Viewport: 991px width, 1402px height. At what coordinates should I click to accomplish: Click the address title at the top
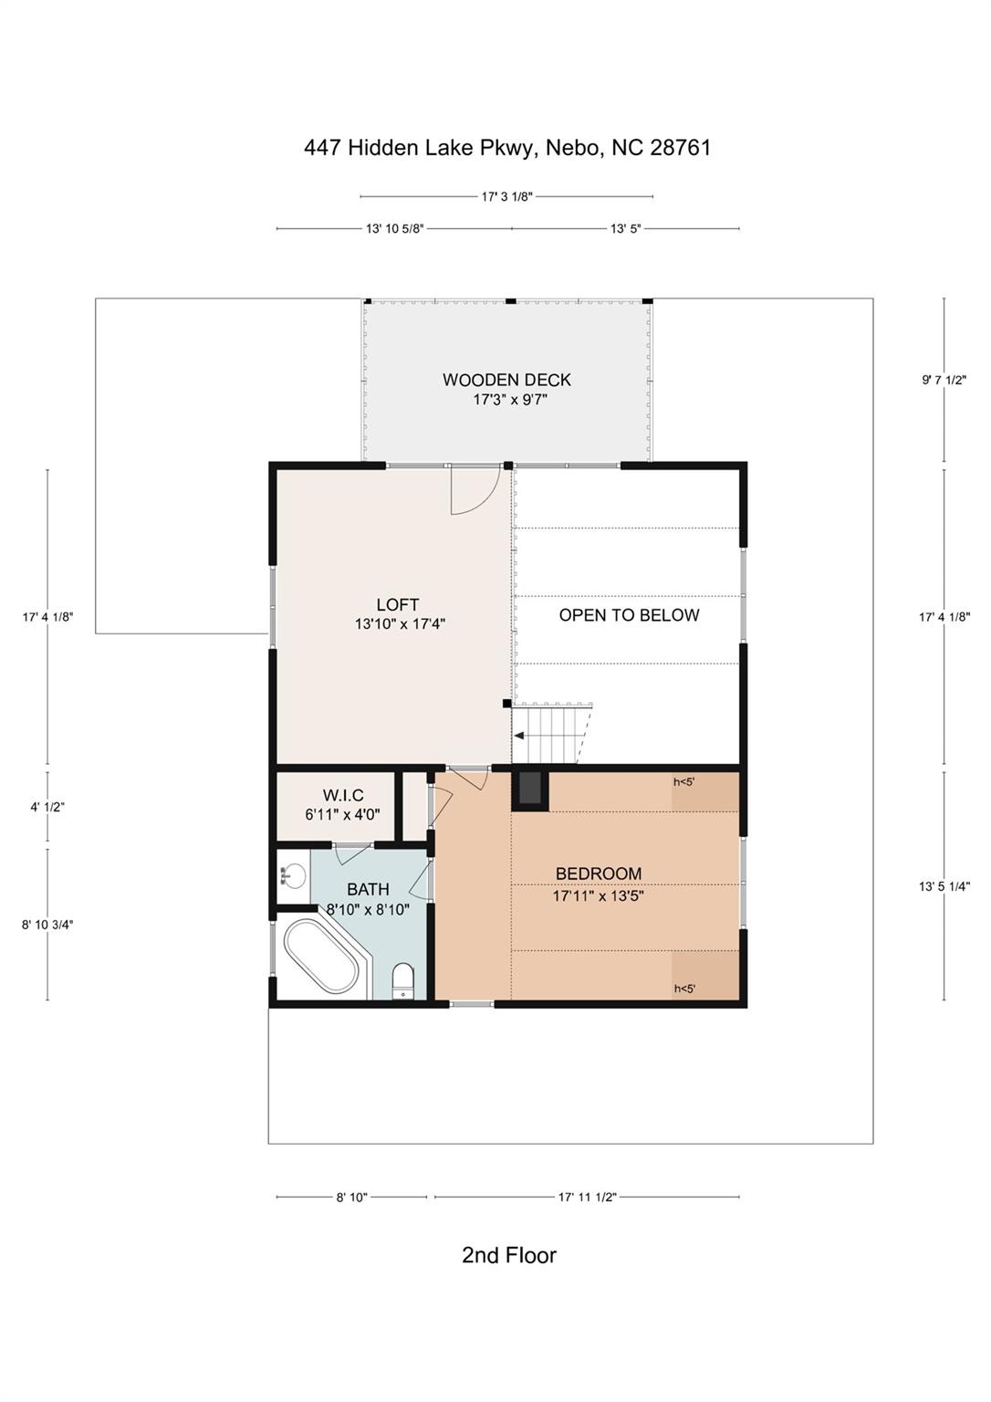tap(507, 148)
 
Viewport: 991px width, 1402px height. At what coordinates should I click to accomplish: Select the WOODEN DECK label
tap(506, 380)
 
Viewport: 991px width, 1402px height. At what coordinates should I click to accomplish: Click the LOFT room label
tap(398, 604)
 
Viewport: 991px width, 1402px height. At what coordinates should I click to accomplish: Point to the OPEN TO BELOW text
tap(629, 615)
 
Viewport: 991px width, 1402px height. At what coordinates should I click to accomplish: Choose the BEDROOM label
tap(599, 874)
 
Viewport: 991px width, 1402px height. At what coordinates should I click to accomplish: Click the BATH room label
tap(368, 889)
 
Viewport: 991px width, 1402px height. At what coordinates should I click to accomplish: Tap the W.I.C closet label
tap(343, 796)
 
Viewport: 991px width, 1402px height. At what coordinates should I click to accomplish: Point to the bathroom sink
tap(293, 875)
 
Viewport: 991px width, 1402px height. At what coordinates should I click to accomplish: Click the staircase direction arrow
tap(519, 736)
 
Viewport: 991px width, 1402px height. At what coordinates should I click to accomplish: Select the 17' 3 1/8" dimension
tap(506, 196)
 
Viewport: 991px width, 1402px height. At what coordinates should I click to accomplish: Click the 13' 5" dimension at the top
tap(626, 229)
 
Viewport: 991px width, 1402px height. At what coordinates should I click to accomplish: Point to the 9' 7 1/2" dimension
tap(944, 380)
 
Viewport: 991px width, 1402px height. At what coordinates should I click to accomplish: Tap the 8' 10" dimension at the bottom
tap(351, 1198)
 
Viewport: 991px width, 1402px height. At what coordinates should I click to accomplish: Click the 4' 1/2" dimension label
tap(47, 808)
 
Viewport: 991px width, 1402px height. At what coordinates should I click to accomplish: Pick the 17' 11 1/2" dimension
tap(588, 1198)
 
